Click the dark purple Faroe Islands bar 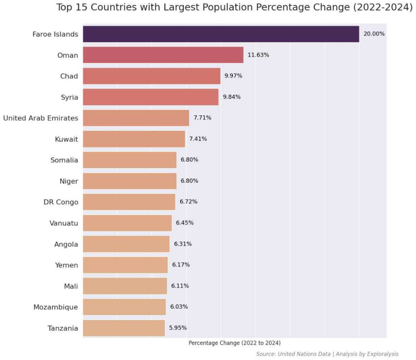[221, 34]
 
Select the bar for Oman [163, 55]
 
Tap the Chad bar [152, 76]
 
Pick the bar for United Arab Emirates [136, 118]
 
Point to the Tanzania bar [123, 328]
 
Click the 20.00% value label [374, 34]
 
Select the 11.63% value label [258, 55]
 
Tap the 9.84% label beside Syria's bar [232, 97]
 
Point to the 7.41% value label [198, 139]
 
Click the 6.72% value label [188, 202]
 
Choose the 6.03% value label [179, 307]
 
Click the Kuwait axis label [66, 139]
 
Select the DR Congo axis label [61, 202]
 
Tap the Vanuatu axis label [63, 223]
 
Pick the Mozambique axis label [55, 307]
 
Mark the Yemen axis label [66, 265]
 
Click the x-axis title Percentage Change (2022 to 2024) [234, 343]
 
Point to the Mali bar [125, 286]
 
